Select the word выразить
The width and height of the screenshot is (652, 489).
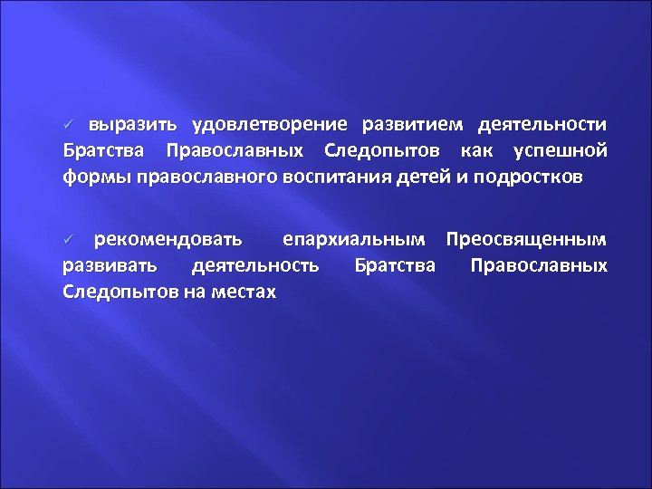click(x=135, y=123)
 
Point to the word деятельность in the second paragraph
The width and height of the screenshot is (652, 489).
click(x=256, y=266)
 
